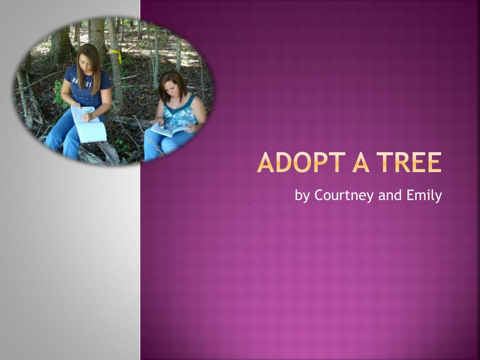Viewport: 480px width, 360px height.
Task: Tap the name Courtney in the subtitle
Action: pos(344,195)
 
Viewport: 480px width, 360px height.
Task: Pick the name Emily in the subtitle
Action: pos(424,195)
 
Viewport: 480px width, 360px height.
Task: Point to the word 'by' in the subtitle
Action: pos(302,196)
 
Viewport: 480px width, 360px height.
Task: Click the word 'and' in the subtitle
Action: pos(390,195)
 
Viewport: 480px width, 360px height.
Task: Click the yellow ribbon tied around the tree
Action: pos(116,55)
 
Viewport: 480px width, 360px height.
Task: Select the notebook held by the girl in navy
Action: pos(89,124)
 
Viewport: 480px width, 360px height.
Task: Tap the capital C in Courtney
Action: pos(319,195)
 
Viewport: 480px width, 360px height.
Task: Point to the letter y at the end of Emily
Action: pos(438,197)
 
